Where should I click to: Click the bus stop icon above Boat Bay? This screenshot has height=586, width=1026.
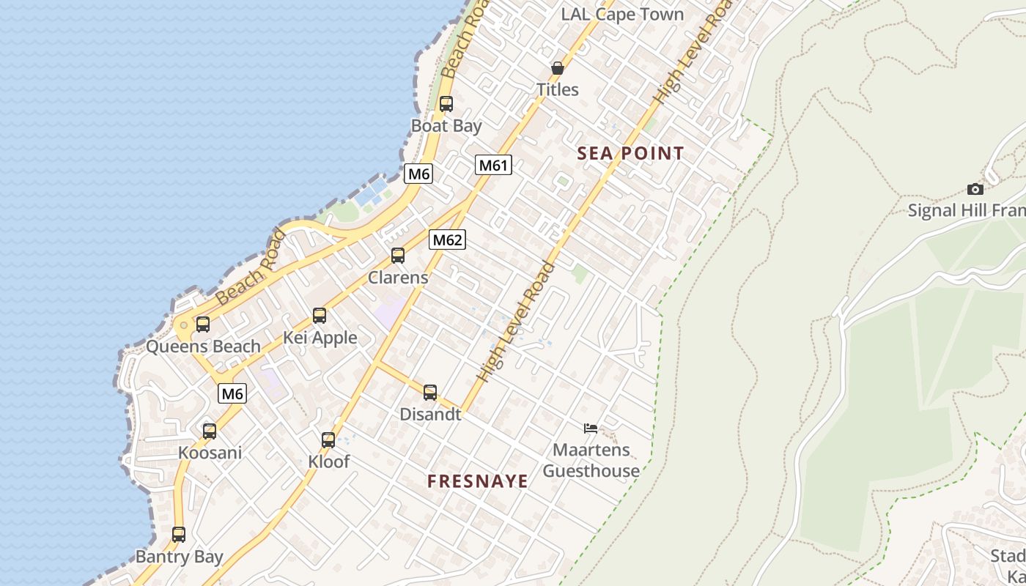point(446,104)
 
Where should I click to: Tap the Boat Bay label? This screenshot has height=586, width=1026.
point(446,126)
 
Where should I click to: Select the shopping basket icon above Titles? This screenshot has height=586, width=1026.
point(558,68)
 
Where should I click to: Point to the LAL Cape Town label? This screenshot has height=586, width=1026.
point(622,15)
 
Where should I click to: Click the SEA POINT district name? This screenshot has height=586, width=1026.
point(630,154)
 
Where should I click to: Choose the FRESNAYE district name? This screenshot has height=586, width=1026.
point(478,481)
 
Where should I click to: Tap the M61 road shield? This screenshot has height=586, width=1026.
point(493,165)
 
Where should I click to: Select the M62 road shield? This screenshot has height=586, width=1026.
point(447,240)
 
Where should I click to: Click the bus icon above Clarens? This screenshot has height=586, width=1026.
point(398,256)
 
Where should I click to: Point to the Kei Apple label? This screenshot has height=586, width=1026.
point(320,338)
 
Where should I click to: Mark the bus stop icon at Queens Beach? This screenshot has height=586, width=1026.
point(203,324)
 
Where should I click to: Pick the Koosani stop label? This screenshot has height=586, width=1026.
point(210,453)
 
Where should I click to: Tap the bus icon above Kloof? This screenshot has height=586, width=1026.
point(328,440)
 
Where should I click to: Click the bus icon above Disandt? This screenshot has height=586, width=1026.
point(430,393)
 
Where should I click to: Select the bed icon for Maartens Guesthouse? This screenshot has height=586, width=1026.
point(591,428)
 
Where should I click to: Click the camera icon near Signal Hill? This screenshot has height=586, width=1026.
point(975,189)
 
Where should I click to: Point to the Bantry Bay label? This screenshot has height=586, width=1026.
point(179,557)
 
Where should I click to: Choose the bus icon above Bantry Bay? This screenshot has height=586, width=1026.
point(179,535)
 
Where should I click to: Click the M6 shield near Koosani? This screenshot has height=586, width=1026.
point(232,393)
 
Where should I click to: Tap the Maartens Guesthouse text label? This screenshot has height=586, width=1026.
point(591,460)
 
